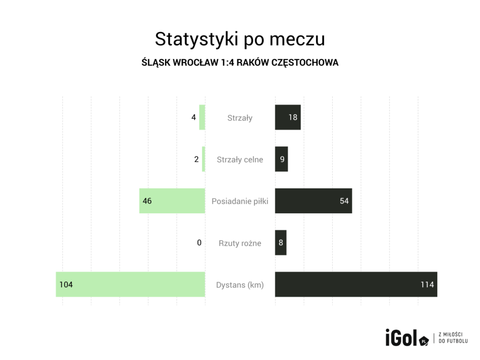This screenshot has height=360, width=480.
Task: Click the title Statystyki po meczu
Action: [x=240, y=39]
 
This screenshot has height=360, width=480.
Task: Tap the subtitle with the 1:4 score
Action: [x=240, y=62]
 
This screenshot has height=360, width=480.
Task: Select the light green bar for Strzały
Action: [x=202, y=117]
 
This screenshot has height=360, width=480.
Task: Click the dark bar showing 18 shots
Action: [x=287, y=117]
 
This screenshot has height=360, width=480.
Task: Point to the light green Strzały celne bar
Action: [x=203, y=159]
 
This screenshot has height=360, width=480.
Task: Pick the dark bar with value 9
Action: [x=281, y=159]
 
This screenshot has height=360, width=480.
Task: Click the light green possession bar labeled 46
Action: [x=172, y=201]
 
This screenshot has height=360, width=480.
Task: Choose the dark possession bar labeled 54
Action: [x=313, y=201]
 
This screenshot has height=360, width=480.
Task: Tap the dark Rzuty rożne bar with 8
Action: [x=280, y=243]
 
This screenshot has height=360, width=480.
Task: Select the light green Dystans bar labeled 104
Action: [x=130, y=285]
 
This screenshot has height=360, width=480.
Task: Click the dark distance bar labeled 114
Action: [x=356, y=285]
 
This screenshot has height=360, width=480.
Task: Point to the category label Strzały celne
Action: [x=240, y=160]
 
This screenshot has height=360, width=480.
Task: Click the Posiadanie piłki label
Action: [x=240, y=202]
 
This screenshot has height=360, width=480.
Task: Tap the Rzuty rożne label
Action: [x=240, y=243]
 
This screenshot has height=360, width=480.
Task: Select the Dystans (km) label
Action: [x=240, y=285]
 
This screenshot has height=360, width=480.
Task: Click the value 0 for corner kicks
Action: [x=199, y=243]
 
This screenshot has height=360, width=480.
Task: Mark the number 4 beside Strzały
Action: [x=194, y=117]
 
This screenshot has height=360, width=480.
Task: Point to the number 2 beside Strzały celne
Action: [x=196, y=159]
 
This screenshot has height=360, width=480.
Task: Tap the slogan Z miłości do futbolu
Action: [x=453, y=338]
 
